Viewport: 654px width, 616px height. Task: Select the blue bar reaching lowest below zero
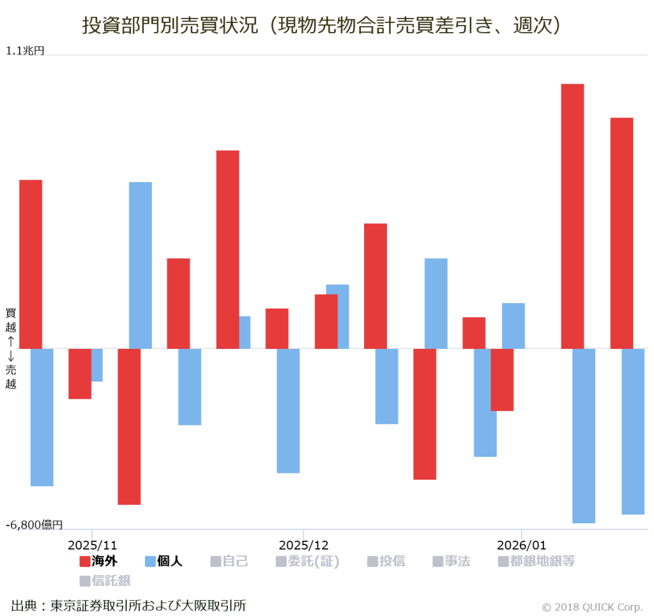tap(584, 436)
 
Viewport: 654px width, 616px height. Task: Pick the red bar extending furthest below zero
tap(129, 426)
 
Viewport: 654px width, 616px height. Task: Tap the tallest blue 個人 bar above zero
tap(141, 265)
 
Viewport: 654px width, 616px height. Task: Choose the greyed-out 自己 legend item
tap(229, 561)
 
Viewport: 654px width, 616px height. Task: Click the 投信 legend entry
tap(386, 561)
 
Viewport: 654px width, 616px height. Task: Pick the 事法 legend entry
tap(451, 561)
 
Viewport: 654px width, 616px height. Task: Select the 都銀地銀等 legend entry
tap(536, 561)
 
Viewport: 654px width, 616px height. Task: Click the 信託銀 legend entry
tap(105, 580)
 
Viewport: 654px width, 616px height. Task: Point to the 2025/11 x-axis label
tap(92, 545)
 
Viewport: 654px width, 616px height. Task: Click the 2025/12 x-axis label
tap(303, 545)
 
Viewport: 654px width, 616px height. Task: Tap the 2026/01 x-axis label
tap(522, 545)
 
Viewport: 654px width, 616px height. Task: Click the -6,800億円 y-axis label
tap(34, 525)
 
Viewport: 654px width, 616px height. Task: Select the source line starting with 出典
tap(128, 604)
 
